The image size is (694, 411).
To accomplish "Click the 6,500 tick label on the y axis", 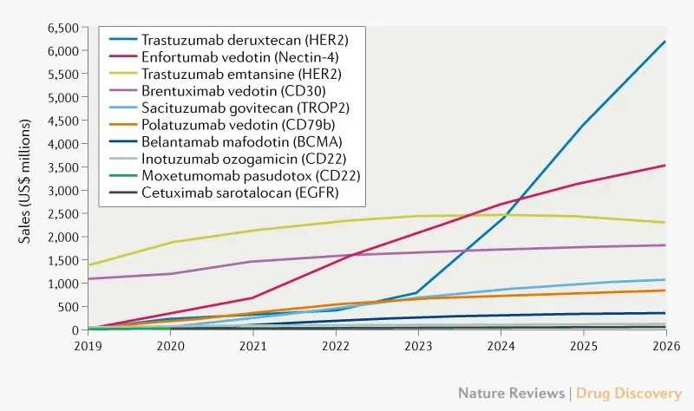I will (x=63, y=28).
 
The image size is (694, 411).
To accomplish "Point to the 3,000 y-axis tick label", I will (x=63, y=190).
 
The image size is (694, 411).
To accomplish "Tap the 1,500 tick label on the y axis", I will (x=63, y=260).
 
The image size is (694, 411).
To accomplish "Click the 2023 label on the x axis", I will (x=417, y=345).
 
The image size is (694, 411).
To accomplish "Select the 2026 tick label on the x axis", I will (x=665, y=345).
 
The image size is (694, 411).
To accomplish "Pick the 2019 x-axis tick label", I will (x=88, y=345).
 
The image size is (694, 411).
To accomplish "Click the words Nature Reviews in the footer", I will (x=511, y=393).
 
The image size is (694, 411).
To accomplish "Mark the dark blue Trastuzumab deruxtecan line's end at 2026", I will (x=665, y=42).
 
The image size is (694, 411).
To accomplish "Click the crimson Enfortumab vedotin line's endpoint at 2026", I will (x=665, y=166).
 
